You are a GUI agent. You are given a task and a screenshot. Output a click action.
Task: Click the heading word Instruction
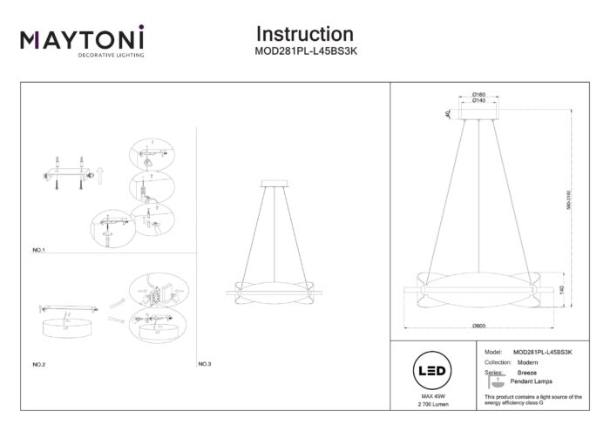(304, 34)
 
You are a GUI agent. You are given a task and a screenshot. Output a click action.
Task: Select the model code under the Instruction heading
(304, 51)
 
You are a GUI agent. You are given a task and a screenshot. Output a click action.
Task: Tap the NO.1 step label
(38, 250)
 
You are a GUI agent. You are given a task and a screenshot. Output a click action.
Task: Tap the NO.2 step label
(38, 363)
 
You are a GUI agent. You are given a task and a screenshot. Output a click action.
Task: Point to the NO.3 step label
(205, 363)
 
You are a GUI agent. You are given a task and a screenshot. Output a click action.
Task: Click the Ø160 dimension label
(478, 94)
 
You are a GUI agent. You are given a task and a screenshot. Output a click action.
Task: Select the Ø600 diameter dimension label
(478, 326)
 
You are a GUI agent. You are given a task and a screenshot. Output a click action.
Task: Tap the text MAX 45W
(433, 396)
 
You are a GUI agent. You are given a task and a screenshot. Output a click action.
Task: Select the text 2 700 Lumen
(433, 405)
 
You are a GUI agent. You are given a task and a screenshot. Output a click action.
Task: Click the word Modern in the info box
(525, 361)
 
